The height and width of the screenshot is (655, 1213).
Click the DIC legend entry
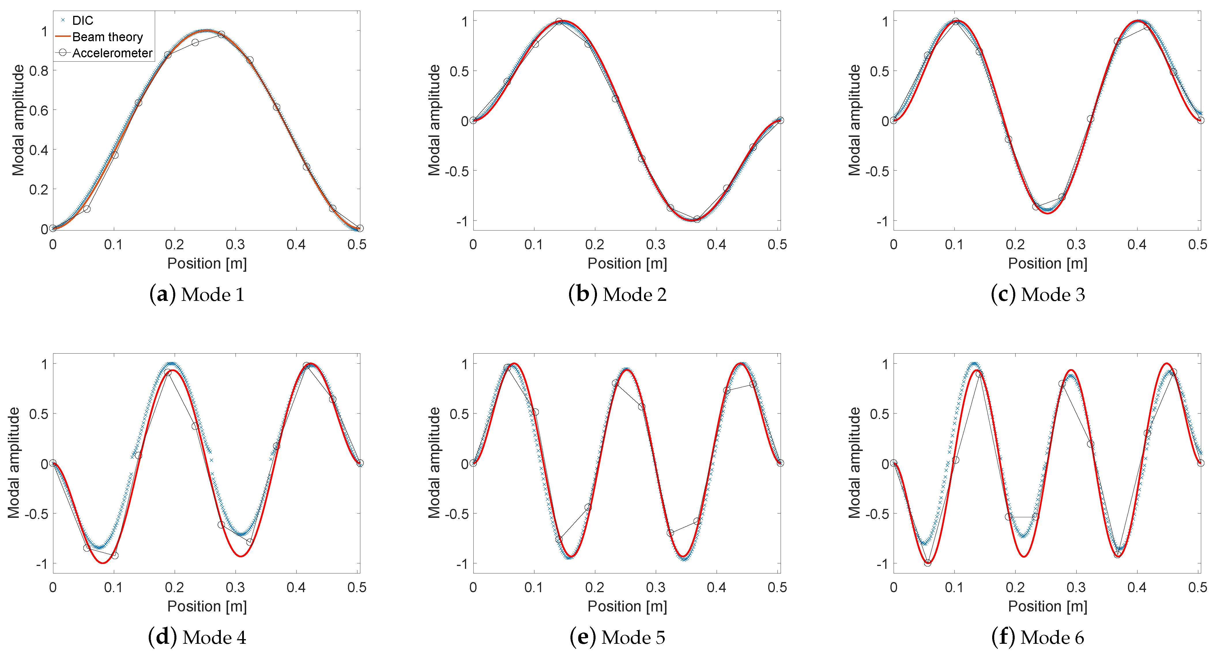[82, 21]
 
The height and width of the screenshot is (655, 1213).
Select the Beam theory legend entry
[107, 37]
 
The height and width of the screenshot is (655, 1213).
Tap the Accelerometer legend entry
[112, 53]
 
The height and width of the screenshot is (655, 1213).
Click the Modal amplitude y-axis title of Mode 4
[14, 463]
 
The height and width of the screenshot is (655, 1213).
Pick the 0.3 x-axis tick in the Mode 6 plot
[1076, 587]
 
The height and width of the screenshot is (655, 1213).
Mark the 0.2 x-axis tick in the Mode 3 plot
[1015, 244]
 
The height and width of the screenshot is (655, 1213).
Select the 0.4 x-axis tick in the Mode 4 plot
[296, 587]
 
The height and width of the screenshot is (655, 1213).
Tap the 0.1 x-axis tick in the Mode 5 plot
[534, 587]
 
